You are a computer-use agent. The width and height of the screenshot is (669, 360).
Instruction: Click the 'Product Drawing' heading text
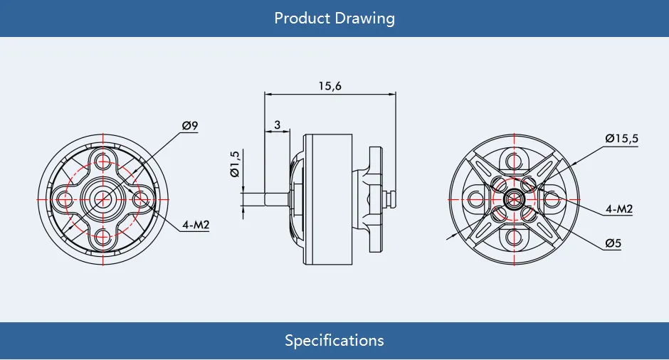pos(334,18)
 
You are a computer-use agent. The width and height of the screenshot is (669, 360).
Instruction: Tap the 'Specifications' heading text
pos(334,340)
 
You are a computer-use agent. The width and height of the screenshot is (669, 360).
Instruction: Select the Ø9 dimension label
pos(190,126)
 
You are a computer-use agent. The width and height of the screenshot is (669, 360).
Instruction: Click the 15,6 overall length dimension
pos(330,85)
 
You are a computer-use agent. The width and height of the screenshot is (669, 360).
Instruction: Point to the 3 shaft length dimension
pos(278,125)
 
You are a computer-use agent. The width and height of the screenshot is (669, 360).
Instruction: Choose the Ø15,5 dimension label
pos(621,138)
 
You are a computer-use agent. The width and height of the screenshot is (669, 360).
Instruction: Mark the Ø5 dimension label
pos(613,243)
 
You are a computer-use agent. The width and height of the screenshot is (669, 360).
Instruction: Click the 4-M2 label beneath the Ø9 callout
pos(195,225)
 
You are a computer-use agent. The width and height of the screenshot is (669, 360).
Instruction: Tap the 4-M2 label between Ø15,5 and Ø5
pos(618,208)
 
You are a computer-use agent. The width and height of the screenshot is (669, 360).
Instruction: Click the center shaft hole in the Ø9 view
pos(104,197)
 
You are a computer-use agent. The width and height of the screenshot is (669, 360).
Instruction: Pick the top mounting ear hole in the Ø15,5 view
pos(514,158)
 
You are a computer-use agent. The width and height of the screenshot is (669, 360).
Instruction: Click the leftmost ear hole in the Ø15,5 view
pos(475,198)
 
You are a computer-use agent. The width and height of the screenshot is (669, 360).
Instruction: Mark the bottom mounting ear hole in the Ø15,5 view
pos(514,237)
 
